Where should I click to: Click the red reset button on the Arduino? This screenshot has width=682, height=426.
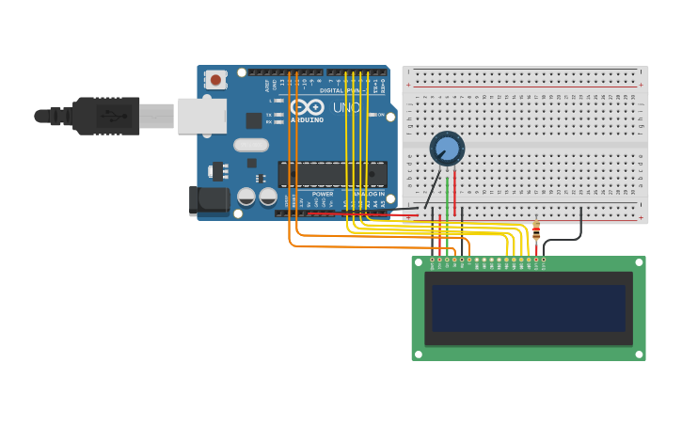tap(215, 80)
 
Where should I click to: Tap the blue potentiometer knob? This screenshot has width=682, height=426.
tap(447, 149)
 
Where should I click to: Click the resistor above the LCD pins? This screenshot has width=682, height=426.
tap(536, 230)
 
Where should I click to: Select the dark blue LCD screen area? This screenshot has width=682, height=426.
tap(529, 308)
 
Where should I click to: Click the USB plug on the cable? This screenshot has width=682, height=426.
tap(107, 116)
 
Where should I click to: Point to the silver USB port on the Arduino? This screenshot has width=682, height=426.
tap(202, 116)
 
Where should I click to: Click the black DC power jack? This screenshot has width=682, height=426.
tap(208, 200)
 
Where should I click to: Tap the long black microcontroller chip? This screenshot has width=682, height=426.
tap(332, 174)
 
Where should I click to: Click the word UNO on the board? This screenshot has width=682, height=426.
tap(347, 108)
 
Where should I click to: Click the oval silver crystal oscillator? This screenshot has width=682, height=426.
tap(251, 145)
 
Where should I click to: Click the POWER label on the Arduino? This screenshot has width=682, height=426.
tap(323, 194)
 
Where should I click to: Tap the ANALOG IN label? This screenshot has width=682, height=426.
tap(369, 194)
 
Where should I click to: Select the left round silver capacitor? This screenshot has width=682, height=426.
tap(246, 197)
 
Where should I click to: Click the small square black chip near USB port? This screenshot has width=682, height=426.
tap(254, 120)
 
